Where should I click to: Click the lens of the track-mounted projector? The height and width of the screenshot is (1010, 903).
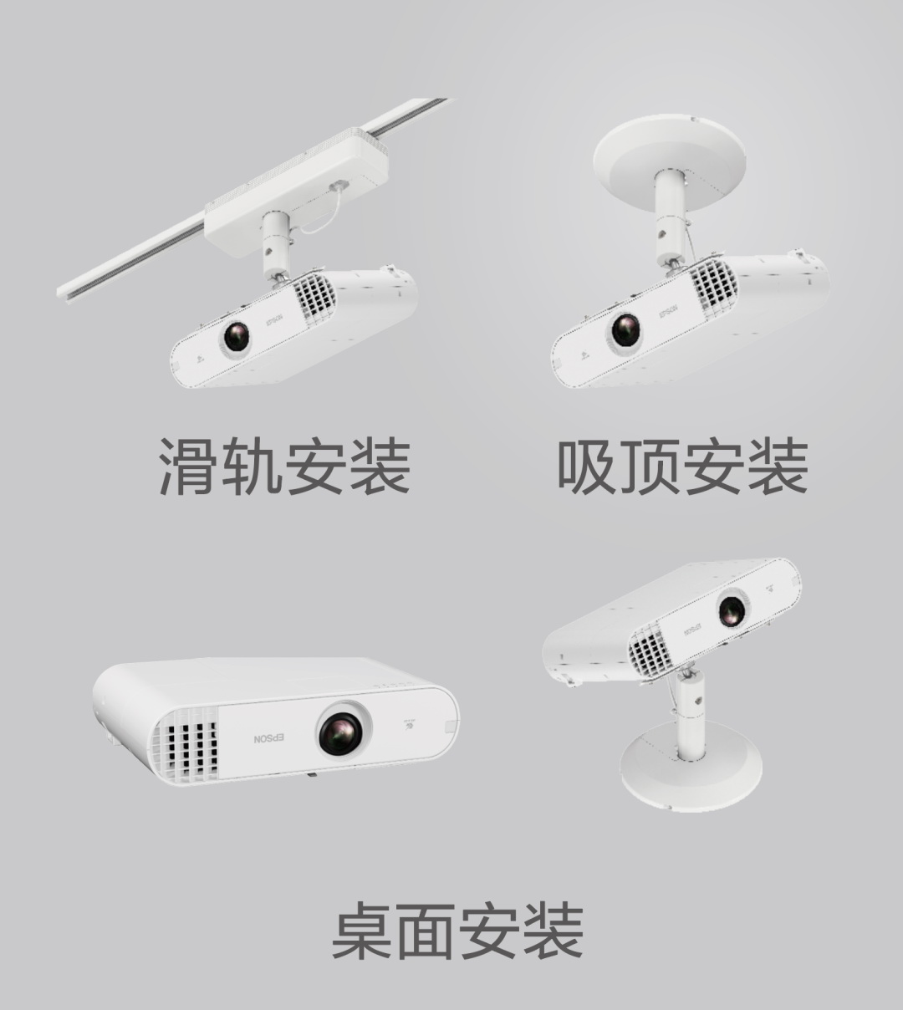pyautogui.click(x=236, y=336)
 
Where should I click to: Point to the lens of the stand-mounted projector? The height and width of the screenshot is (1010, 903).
pyautogui.click(x=732, y=610)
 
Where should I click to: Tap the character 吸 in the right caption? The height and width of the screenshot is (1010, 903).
pyautogui.click(x=587, y=467)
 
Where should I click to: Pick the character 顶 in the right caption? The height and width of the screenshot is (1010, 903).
pyautogui.click(x=650, y=467)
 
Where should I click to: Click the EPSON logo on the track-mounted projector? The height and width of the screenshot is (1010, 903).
pyautogui.click(x=275, y=319)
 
